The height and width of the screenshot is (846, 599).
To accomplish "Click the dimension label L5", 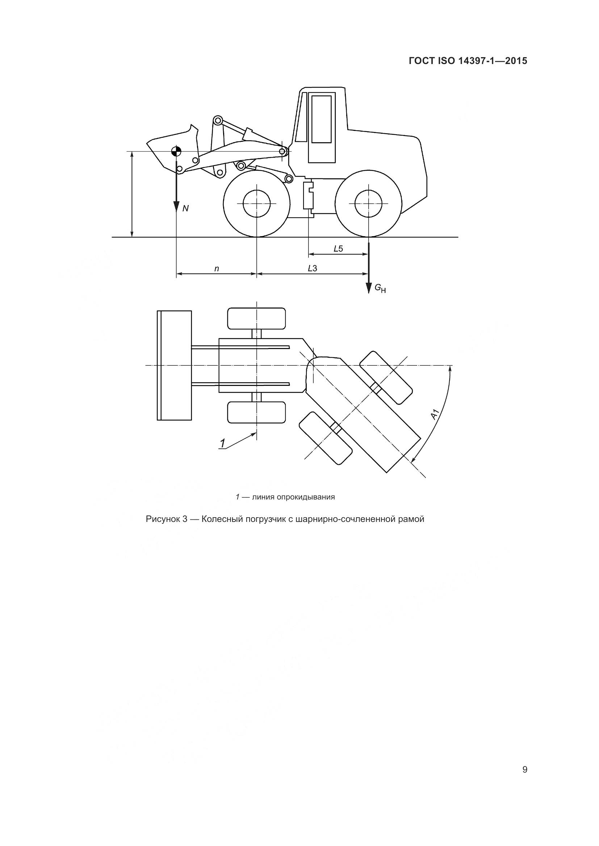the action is tap(338, 249).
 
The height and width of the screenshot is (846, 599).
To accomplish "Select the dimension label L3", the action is tap(313, 268).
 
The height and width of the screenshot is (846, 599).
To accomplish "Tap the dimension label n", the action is tap(217, 269).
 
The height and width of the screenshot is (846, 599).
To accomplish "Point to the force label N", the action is tap(185, 209).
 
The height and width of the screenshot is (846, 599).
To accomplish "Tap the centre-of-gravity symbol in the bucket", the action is tap(176, 151).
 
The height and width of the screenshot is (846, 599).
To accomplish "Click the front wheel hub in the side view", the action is tap(256, 203).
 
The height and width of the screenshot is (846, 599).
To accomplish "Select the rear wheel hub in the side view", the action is tap(368, 203).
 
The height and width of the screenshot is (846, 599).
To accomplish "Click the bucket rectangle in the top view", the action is tap(174, 365).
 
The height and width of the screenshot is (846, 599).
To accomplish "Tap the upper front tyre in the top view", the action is tap(256, 318).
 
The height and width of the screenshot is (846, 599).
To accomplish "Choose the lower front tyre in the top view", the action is tap(256, 412).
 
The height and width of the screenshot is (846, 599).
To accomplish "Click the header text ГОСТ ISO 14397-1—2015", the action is tap(468, 61).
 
